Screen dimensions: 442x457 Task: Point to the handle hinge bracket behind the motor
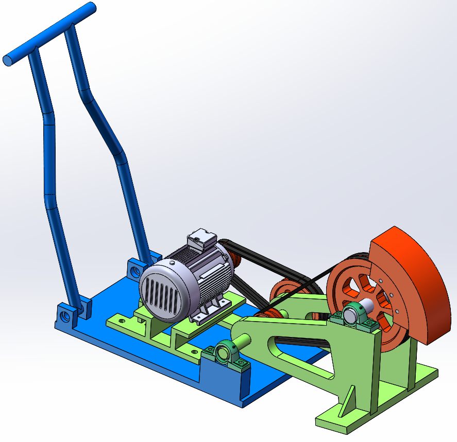(137, 268)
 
